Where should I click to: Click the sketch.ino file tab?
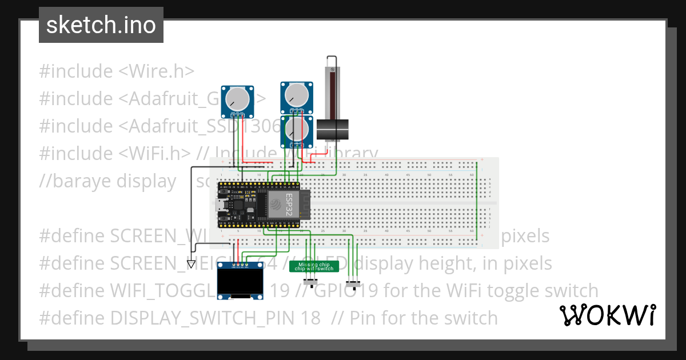click(101, 25)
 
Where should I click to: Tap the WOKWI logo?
click(607, 315)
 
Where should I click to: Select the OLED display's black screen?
click(236, 282)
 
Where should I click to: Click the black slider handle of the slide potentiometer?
click(333, 130)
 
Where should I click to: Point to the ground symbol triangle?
click(192, 263)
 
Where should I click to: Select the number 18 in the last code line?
click(312, 318)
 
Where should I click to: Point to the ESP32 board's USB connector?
click(220, 204)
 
